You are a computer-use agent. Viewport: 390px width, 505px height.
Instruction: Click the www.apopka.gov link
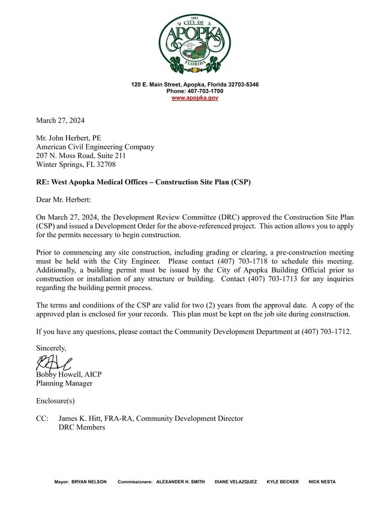click(x=194, y=97)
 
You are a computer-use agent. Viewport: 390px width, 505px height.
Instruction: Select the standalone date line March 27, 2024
click(x=60, y=120)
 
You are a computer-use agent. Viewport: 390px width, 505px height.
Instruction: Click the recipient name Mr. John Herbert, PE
click(x=68, y=138)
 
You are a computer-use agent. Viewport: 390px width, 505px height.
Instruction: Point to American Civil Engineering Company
click(x=95, y=147)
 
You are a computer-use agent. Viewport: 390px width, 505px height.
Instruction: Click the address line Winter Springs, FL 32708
click(x=76, y=164)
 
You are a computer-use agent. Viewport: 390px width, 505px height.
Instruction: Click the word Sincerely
click(x=51, y=348)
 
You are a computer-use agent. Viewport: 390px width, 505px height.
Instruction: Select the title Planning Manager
click(x=64, y=383)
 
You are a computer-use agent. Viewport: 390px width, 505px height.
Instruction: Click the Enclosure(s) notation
click(x=55, y=401)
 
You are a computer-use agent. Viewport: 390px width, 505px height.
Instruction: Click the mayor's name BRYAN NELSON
click(x=89, y=482)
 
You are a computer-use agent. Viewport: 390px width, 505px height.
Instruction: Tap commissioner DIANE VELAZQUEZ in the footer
click(x=236, y=482)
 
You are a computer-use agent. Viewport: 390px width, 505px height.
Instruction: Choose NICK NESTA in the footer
click(x=322, y=482)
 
